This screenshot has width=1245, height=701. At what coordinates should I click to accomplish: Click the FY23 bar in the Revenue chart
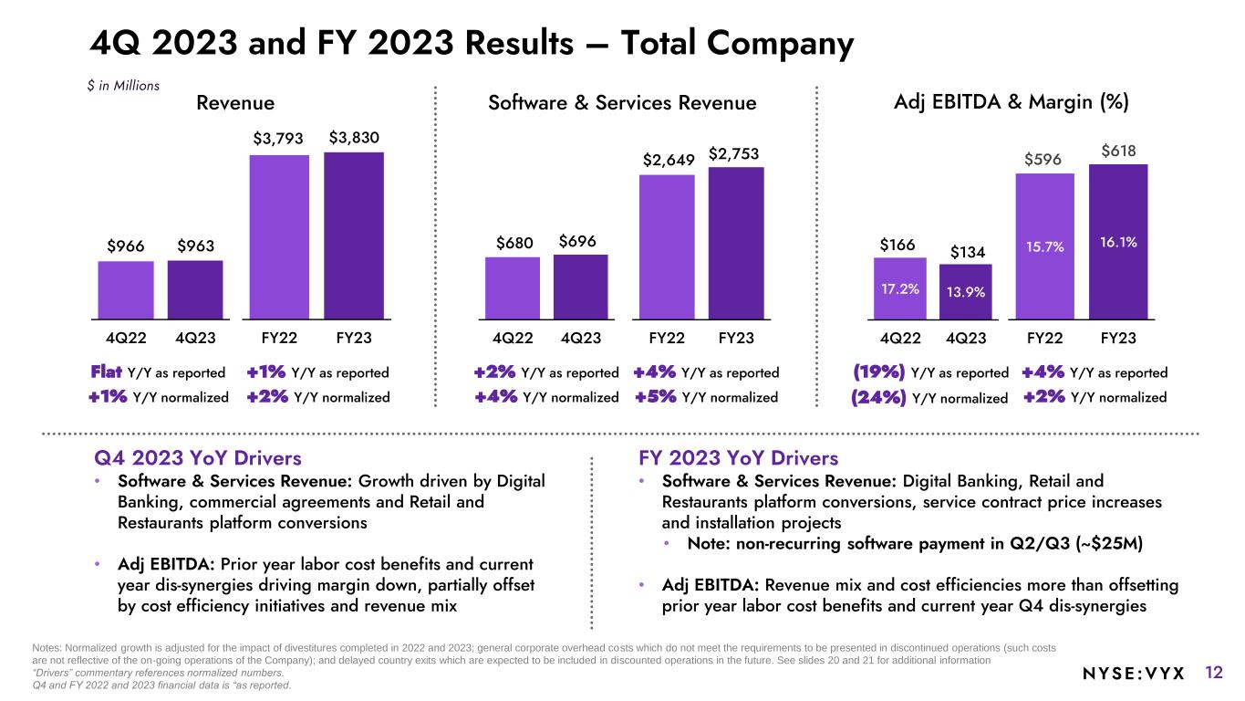pos(354,235)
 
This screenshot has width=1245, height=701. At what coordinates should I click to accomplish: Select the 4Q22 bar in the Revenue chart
pos(126,289)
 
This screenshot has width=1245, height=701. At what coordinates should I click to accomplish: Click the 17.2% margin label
pos(900,288)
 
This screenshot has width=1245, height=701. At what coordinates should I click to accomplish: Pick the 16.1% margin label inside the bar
pos(1118,244)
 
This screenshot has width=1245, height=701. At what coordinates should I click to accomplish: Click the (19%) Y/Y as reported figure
pos(878,372)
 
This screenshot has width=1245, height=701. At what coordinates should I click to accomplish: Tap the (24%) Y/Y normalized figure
pos(878,398)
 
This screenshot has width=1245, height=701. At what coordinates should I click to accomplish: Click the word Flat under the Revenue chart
pos(107,372)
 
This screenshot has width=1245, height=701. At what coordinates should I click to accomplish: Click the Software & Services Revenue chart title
pos(622,103)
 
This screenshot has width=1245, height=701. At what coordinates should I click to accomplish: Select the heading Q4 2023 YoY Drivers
pos(198,457)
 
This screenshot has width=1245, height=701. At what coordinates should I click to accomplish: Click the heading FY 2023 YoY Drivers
pos(739,457)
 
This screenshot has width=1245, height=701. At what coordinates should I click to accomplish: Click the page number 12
pos(1213,674)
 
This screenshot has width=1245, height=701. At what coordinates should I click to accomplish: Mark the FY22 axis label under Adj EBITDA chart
pos(1044,338)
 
